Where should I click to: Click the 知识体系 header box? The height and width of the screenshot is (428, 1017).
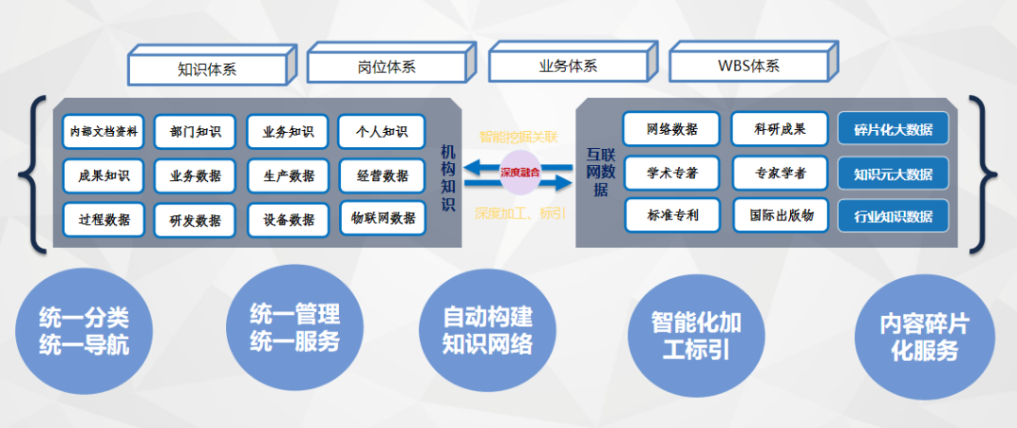[x=207, y=68]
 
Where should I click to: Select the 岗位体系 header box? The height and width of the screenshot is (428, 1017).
[x=387, y=67]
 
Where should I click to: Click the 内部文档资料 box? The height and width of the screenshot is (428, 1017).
[x=104, y=132]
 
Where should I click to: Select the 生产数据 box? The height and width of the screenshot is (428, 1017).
[x=289, y=175]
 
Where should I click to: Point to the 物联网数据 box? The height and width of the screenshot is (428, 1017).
[x=382, y=218]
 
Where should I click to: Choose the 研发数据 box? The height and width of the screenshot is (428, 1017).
[x=196, y=220]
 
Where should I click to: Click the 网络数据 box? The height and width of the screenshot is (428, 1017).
[x=672, y=129]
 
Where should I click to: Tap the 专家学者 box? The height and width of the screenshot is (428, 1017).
[x=780, y=173]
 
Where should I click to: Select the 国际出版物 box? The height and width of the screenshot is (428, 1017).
[x=781, y=215]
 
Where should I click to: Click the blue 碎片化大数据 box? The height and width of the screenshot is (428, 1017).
[x=893, y=130]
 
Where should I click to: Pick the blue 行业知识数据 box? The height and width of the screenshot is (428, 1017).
[x=893, y=216]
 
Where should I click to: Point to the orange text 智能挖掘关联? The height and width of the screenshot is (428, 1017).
[x=522, y=137]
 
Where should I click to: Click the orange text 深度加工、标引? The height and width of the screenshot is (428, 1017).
[x=521, y=212]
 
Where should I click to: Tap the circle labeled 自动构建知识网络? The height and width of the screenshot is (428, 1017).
[x=487, y=329]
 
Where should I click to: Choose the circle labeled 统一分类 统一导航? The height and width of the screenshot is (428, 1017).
[x=84, y=331]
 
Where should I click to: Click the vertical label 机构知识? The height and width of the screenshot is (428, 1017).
[x=447, y=178]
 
